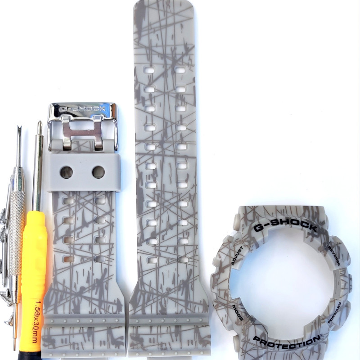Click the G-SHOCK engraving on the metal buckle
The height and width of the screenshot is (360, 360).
coord(82,109)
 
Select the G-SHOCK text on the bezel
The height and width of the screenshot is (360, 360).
coord(285,225)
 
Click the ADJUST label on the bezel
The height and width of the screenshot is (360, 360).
coord(237,256)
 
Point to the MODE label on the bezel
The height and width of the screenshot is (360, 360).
coord(238,313)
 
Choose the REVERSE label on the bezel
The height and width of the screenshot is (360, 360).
coord(334,256)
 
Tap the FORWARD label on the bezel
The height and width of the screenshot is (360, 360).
coord(334,313)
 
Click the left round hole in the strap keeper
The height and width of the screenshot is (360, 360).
coord(67,172)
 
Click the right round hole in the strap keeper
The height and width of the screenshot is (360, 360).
coord(99,172)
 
